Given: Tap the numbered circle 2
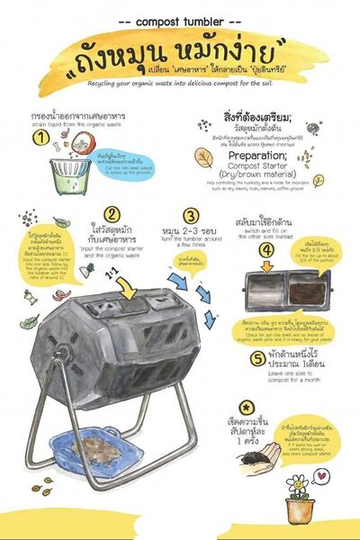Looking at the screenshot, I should tap(111, 215).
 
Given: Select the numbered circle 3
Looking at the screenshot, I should tap(190, 216).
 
